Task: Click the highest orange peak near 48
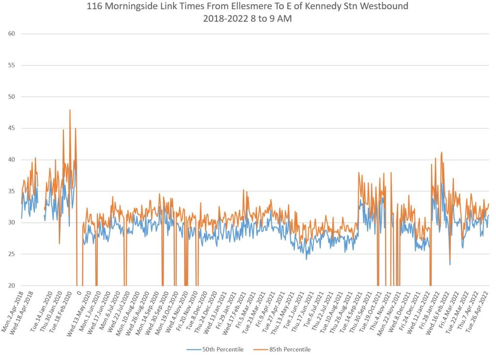(70, 110)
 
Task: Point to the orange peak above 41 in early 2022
(442, 152)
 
